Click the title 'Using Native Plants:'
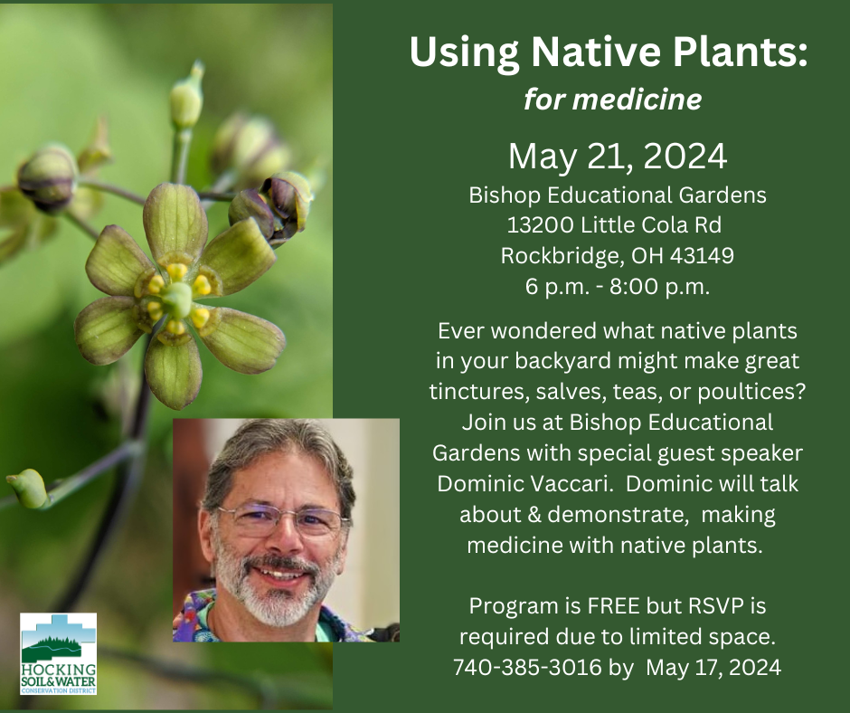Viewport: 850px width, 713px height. click(609, 52)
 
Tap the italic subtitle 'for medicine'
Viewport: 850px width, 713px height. click(612, 100)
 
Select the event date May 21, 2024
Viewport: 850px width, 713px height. click(618, 157)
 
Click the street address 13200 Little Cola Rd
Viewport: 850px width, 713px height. click(614, 224)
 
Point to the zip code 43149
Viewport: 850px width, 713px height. click(702, 255)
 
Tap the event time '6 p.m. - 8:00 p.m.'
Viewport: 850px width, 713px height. click(618, 286)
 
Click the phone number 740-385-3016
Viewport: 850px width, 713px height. click(527, 667)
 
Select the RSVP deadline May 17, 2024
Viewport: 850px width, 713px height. click(713, 667)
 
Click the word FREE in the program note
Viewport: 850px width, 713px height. click(609, 605)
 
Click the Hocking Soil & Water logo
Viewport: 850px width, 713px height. click(59, 654)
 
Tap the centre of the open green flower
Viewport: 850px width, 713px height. click(176, 299)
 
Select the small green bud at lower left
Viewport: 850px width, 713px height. click(27, 489)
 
